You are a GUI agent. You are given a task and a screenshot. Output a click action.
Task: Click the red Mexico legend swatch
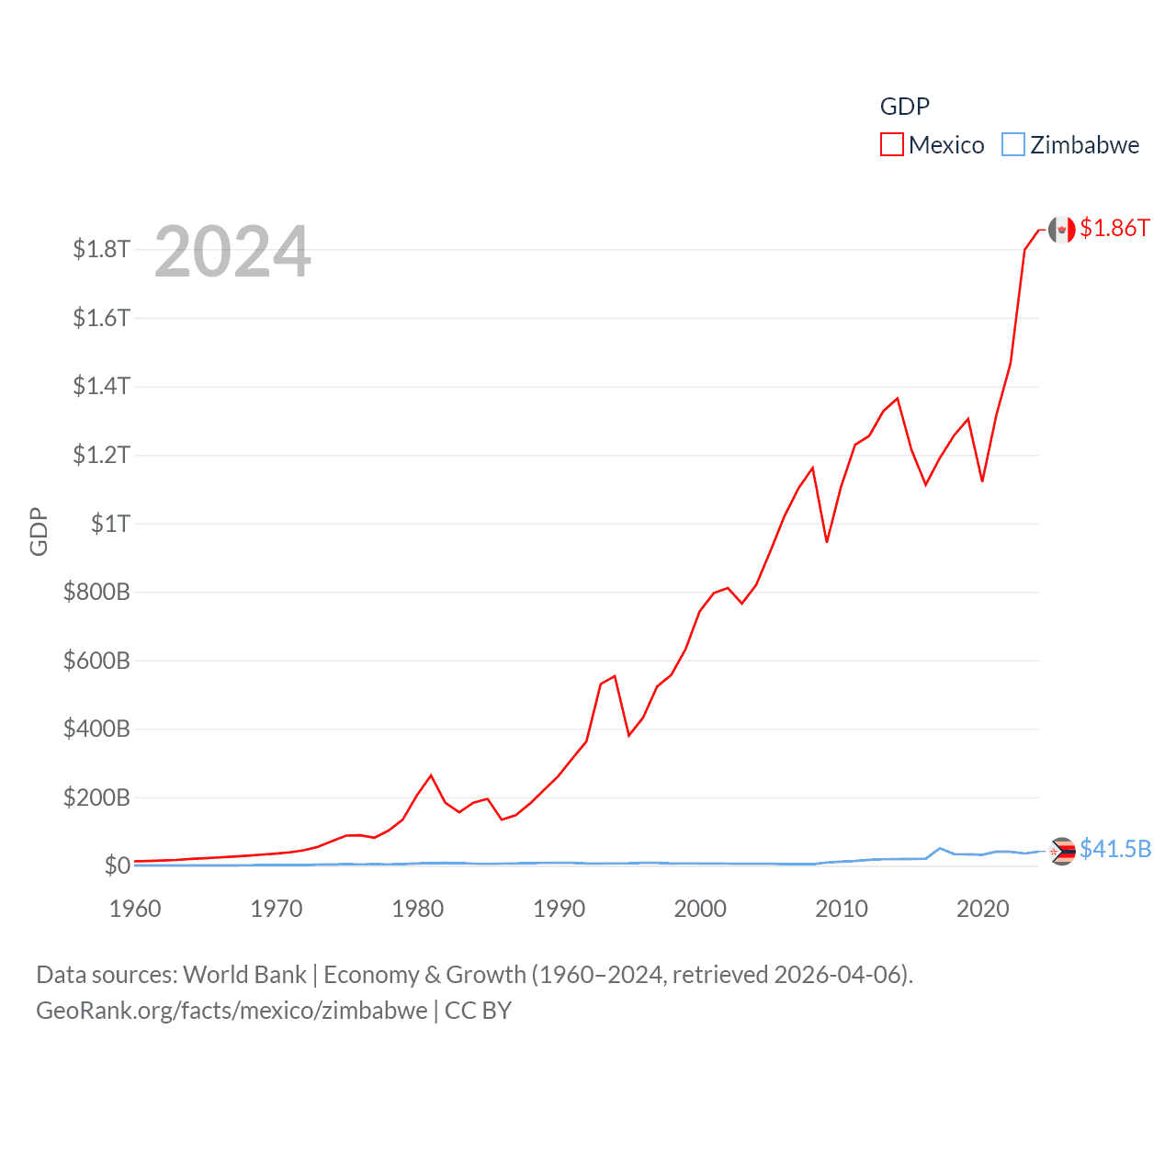(891, 145)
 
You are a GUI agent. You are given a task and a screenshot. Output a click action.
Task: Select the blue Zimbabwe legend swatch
(1012, 145)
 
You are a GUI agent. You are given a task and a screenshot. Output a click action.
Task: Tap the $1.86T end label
(1114, 228)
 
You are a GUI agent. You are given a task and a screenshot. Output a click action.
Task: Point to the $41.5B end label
(1115, 849)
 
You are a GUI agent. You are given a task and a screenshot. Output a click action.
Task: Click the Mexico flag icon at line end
(1061, 230)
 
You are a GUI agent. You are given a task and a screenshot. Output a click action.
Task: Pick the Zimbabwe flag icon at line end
(1062, 852)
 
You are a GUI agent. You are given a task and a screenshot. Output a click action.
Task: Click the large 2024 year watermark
(232, 252)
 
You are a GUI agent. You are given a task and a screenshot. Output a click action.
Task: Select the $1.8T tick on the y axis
(102, 249)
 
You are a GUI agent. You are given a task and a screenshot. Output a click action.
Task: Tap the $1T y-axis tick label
(110, 524)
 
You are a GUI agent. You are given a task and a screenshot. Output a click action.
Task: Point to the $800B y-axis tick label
(96, 592)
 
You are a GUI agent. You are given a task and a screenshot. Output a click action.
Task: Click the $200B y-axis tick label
(96, 797)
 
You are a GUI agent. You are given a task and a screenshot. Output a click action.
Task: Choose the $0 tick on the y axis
(118, 865)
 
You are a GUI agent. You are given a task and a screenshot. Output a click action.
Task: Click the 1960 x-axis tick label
(135, 909)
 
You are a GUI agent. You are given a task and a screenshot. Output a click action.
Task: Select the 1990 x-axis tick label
(559, 909)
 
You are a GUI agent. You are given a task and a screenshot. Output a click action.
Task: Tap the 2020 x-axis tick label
(982, 909)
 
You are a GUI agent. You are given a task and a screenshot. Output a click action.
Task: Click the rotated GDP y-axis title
(39, 531)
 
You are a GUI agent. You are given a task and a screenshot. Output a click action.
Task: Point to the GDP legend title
(904, 107)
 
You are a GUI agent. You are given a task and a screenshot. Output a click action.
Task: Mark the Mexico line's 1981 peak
(431, 775)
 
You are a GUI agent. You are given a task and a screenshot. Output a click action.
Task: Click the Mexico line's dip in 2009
(827, 542)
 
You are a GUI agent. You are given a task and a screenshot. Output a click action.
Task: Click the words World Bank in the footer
(244, 975)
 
